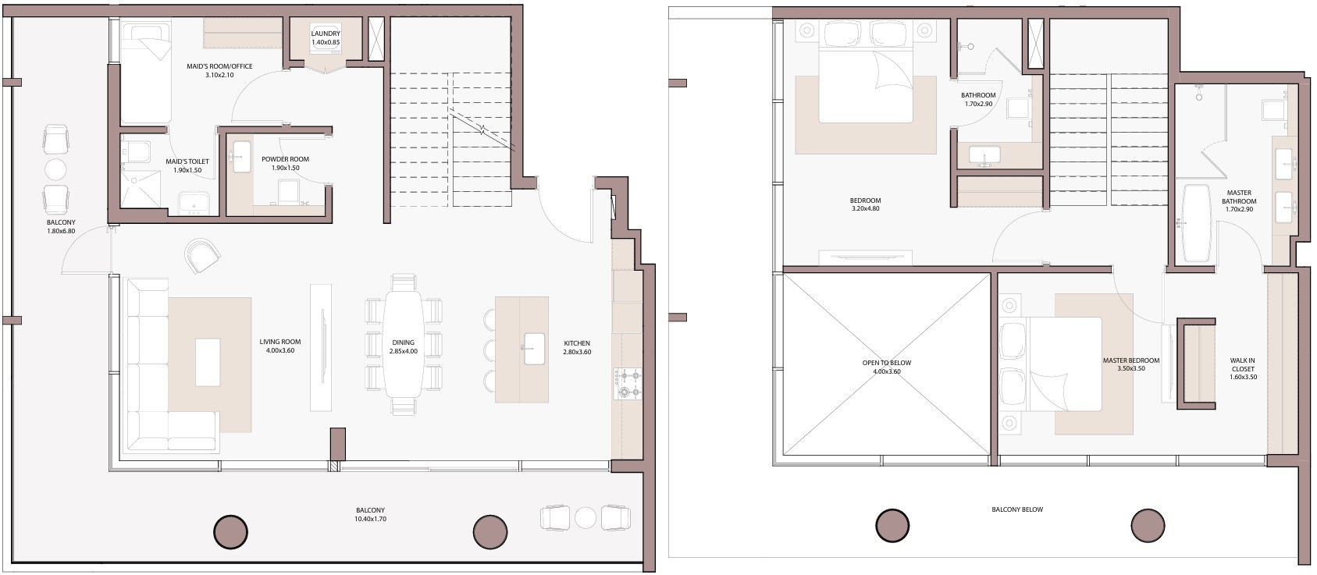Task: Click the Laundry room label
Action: coord(325,34)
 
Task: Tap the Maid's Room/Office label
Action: coord(219,66)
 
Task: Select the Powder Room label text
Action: coord(285,159)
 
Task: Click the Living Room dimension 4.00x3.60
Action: coord(279,350)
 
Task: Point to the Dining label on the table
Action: coord(404,343)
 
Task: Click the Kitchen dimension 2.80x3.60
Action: coord(577,353)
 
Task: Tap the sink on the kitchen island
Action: coord(534,348)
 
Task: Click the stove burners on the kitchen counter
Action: coord(628,384)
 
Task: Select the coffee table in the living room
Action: coord(208,362)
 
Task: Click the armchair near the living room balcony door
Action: coord(202,255)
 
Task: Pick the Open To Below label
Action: coord(887,363)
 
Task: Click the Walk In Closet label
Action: coord(1242,364)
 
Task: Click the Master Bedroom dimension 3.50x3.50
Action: coord(1131,369)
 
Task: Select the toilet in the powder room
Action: coord(289,191)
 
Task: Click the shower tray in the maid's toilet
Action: coord(140,189)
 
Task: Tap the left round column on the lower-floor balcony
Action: coord(230,533)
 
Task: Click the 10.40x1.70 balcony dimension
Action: coord(370,519)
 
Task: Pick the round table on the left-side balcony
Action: coord(55,170)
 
